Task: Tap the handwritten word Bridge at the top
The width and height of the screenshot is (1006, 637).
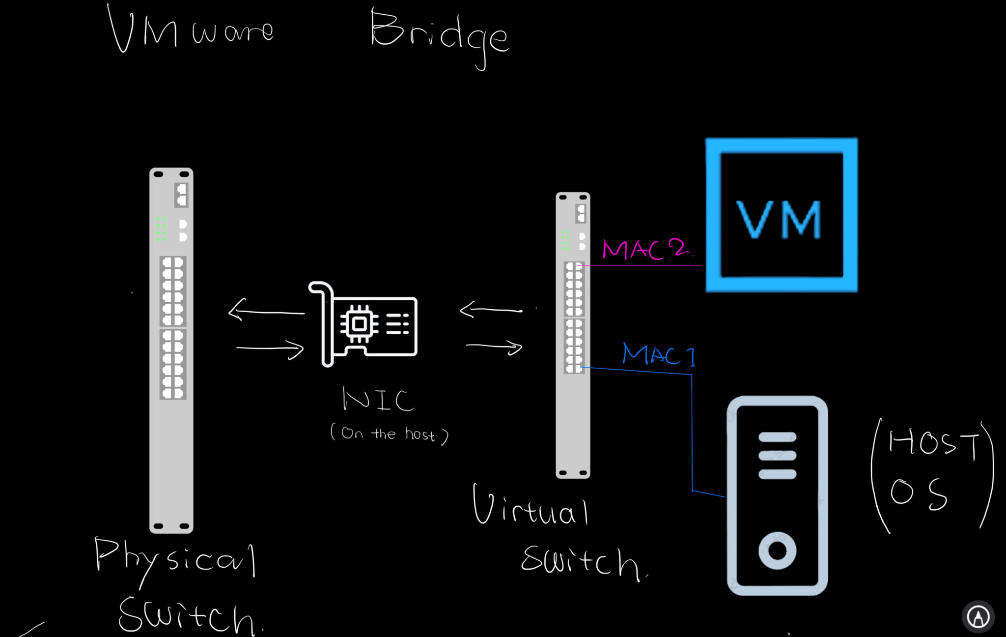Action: click(439, 34)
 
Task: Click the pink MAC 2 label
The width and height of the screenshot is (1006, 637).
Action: click(646, 249)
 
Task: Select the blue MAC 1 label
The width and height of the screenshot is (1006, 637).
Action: click(658, 354)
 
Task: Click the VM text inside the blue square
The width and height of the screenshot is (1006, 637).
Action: click(779, 219)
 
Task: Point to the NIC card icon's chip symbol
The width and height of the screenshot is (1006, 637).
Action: click(359, 324)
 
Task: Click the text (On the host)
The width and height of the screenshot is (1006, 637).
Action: click(389, 434)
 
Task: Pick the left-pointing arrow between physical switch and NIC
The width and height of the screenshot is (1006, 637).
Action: click(266, 311)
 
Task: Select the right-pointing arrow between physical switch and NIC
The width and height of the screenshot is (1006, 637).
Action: click(270, 348)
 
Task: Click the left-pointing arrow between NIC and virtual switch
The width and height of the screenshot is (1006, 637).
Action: click(490, 310)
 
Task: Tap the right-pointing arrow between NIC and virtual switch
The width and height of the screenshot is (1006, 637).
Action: click(494, 347)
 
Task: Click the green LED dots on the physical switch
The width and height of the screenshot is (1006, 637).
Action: click(161, 229)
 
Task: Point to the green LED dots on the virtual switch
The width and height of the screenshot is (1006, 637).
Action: click(565, 240)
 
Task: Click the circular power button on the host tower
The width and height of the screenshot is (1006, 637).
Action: click(777, 550)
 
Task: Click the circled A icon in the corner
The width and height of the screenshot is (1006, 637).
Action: click(978, 616)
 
